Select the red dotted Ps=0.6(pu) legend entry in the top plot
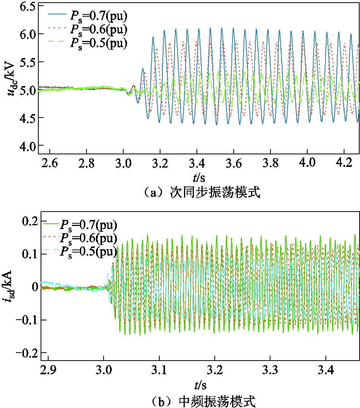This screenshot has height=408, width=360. click(x=87, y=29)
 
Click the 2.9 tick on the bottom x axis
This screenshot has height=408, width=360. click(x=48, y=370)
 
